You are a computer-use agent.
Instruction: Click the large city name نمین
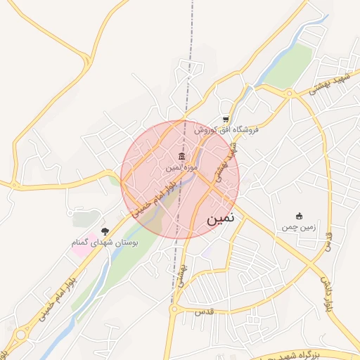coord(224,219)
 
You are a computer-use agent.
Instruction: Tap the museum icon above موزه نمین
coord(182,156)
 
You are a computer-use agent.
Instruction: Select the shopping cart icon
coord(225,120)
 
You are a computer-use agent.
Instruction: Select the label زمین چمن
coord(298,227)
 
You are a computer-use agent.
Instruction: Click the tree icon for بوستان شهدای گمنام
coord(105,231)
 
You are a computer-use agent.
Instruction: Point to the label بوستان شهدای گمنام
coord(105,242)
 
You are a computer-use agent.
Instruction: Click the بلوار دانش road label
coord(326,291)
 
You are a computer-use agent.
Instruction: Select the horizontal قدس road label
coord(203,310)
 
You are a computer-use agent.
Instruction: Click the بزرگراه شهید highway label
coord(309,354)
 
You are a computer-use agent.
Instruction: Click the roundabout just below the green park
coord(289,93)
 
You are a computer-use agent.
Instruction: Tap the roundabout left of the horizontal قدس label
coord(173,309)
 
